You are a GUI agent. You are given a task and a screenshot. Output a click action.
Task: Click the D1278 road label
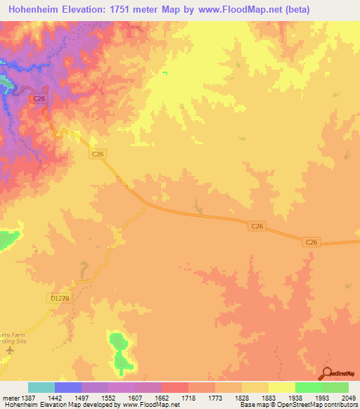pyautogui.click(x=61, y=298)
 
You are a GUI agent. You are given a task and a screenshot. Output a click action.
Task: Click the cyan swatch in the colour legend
pyautogui.click(x=41, y=387)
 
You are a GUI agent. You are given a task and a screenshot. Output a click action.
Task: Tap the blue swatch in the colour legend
pyautogui.click(x=68, y=387)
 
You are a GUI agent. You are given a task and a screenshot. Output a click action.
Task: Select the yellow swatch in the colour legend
pyautogui.click(x=281, y=387)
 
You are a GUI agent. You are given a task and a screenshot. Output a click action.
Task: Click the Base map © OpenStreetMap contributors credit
pyautogui.click(x=297, y=405)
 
